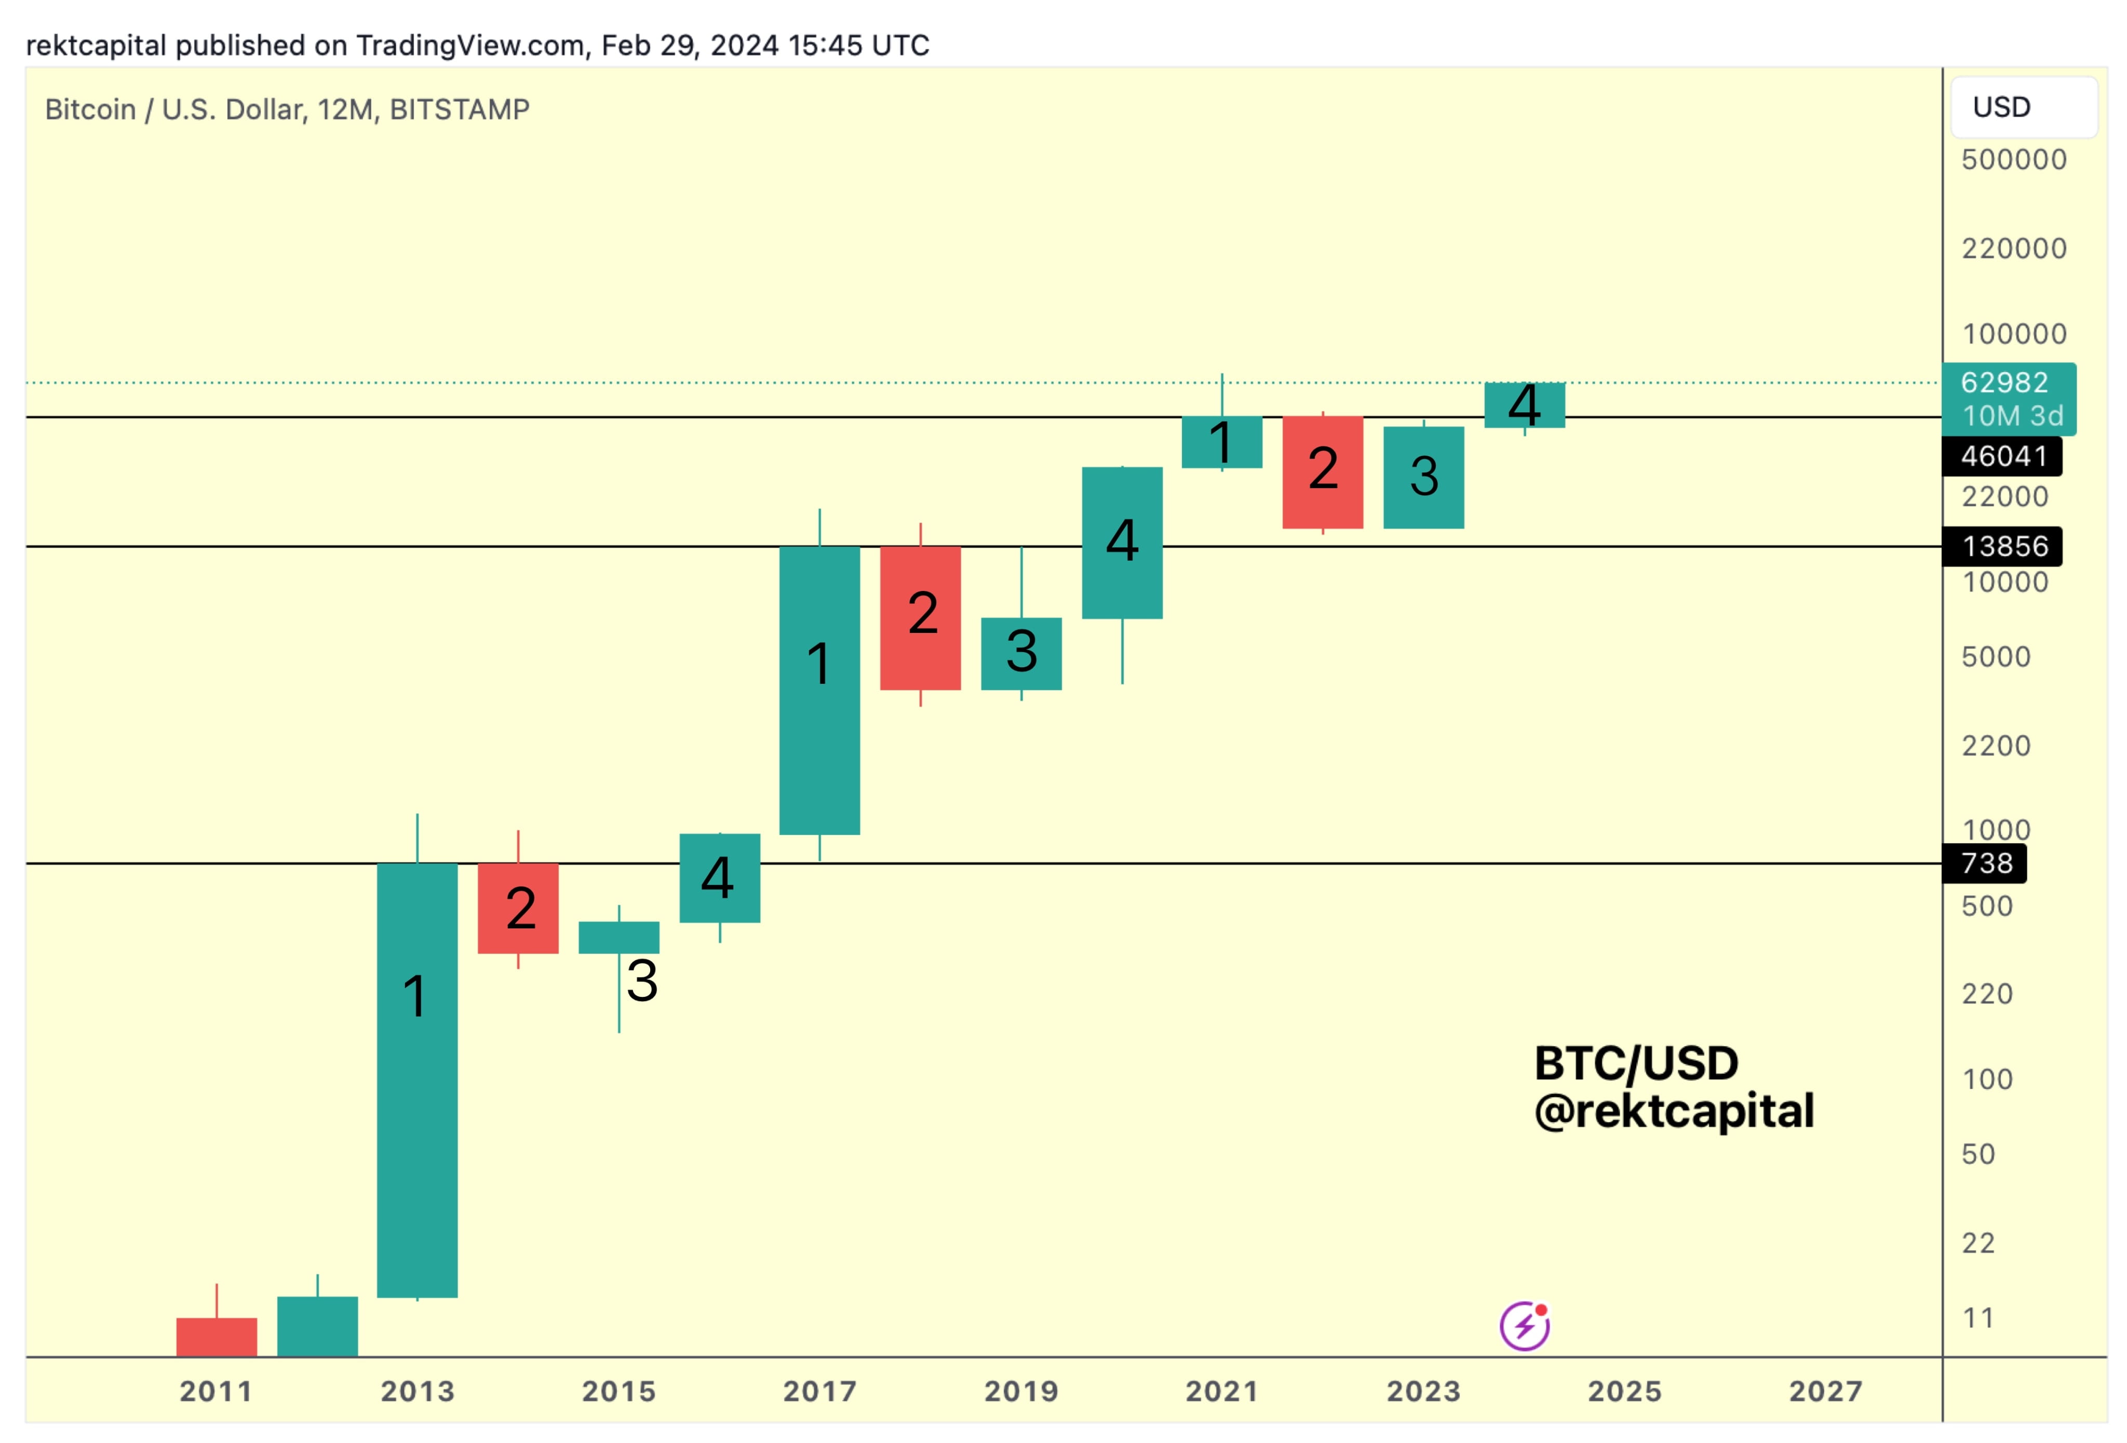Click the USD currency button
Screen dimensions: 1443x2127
coord(2023,107)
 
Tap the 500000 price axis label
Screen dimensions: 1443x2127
coord(2013,159)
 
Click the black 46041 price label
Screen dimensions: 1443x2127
coord(2002,456)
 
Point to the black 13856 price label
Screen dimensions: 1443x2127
coord(2002,546)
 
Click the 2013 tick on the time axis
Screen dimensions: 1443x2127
coord(418,1391)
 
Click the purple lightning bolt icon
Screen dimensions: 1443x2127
coord(1524,1326)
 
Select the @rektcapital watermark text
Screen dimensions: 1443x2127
coord(1673,1111)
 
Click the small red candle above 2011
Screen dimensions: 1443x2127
coord(217,1336)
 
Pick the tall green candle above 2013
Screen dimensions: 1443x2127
coord(418,1080)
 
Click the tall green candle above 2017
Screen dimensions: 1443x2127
coord(819,691)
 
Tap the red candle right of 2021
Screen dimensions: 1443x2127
coord(1323,472)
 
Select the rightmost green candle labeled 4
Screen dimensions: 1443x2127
coord(1524,404)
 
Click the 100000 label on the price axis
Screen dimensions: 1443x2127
coord(2013,334)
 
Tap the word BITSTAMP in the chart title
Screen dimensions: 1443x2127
coord(460,110)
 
